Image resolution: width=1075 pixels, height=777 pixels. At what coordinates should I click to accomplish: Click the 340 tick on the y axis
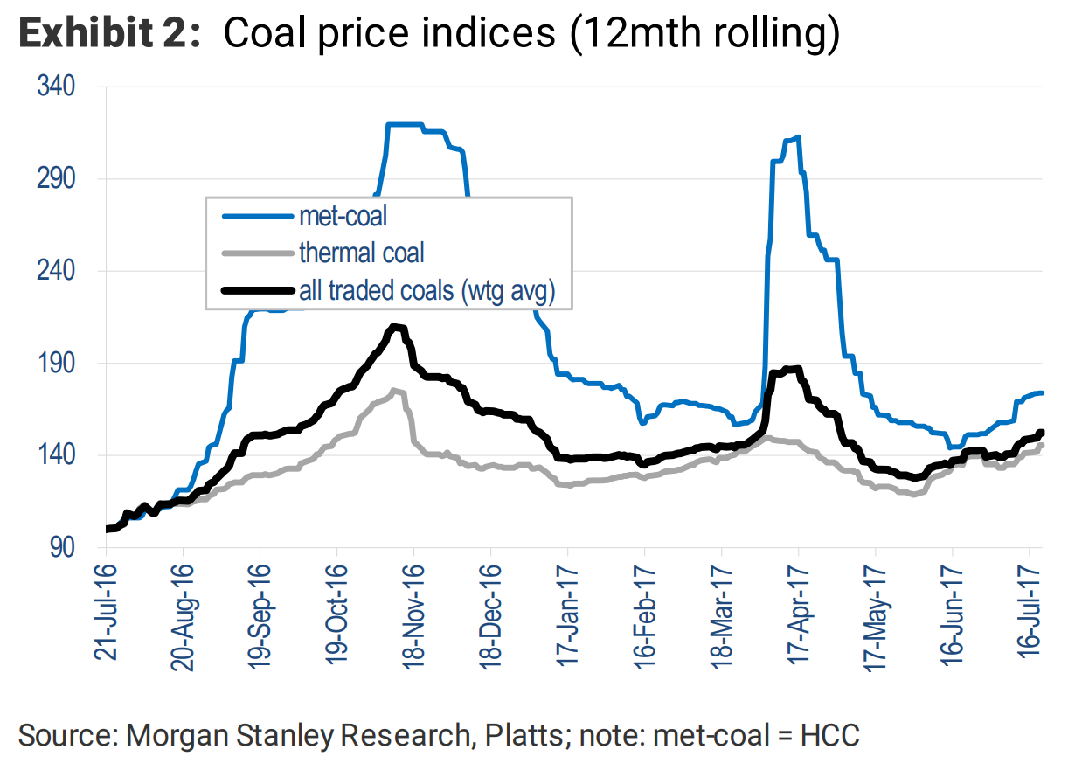[x=57, y=87]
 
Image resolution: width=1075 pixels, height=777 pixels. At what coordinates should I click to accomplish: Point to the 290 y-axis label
[x=57, y=178]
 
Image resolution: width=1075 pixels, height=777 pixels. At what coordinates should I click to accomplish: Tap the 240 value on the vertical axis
[x=57, y=271]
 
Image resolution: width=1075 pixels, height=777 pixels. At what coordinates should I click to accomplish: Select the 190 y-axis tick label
[x=57, y=363]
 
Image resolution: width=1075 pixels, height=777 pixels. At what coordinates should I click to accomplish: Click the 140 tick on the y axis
[x=57, y=455]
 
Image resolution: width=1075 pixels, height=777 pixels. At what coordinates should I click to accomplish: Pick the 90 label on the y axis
[x=65, y=547]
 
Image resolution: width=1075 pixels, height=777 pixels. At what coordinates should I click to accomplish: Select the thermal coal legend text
[x=361, y=253]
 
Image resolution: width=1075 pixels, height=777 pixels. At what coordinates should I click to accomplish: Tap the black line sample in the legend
[x=257, y=291]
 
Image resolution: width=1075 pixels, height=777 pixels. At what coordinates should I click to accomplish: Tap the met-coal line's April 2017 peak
[x=796, y=137]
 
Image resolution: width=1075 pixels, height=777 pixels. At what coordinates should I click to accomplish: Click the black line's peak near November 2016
[x=395, y=327]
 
